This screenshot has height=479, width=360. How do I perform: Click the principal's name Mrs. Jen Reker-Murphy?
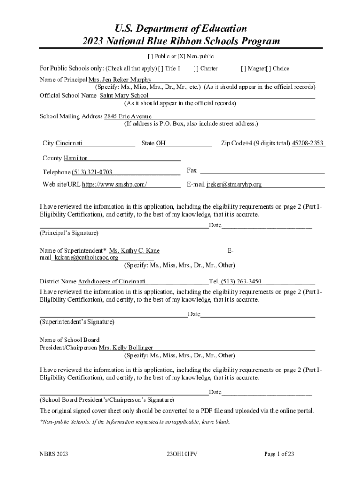pyautogui.click(x=120, y=80)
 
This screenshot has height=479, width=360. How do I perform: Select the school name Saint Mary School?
pyautogui.click(x=124, y=95)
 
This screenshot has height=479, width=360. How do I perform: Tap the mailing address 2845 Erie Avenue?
pyautogui.click(x=128, y=116)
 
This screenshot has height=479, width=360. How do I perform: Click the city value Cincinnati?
pyautogui.click(x=69, y=143)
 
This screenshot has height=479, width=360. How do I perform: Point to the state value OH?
pyautogui.click(x=160, y=143)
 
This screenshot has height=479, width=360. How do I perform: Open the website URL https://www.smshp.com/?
pyautogui.click(x=115, y=184)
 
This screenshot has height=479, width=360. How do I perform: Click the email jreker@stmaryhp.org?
pyautogui.click(x=234, y=184)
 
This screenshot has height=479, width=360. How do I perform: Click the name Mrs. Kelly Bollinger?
pyautogui.click(x=126, y=348)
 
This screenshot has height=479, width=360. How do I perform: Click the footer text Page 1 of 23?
pyautogui.click(x=279, y=454)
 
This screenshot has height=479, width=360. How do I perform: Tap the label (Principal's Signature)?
pyautogui.click(x=69, y=232)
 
